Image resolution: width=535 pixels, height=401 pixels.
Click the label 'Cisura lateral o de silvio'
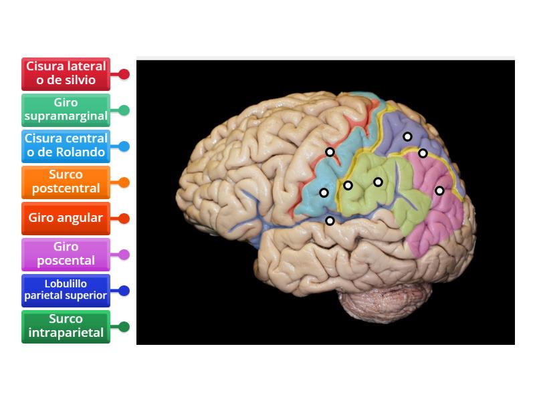pyautogui.click(x=66, y=74)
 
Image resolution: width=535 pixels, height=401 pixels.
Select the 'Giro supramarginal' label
pyautogui.click(x=66, y=110)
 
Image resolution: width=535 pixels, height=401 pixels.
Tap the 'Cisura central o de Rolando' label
pyautogui.click(x=66, y=146)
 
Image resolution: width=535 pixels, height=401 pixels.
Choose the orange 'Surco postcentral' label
pyautogui.click(x=66, y=182)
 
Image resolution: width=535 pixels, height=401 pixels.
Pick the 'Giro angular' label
pyautogui.click(x=66, y=218)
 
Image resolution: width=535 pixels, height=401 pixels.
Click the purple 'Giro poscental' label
pyautogui.click(x=66, y=254)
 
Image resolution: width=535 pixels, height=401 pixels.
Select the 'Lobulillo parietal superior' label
pyautogui.click(x=66, y=291)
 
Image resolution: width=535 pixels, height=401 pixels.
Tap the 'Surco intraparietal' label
pyautogui.click(x=66, y=327)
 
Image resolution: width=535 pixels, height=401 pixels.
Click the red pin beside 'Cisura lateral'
pyautogui.click(x=124, y=74)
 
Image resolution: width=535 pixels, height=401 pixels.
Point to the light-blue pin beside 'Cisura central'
pyautogui.click(x=124, y=146)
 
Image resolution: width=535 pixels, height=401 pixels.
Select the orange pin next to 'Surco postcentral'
pyautogui.click(x=124, y=182)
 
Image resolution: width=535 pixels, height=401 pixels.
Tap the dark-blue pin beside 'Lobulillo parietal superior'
pyautogui.click(x=124, y=291)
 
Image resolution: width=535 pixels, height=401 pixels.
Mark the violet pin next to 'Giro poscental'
pyautogui.click(x=124, y=255)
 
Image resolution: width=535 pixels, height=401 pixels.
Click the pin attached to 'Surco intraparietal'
pyautogui.click(x=124, y=327)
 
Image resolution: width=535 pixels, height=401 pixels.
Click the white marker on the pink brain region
pyautogui.click(x=439, y=190)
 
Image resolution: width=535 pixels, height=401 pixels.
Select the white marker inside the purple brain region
pyautogui.click(x=407, y=136)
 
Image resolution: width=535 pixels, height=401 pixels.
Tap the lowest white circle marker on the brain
pyautogui.click(x=330, y=221)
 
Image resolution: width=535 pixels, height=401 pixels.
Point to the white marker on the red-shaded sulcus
pyautogui.click(x=330, y=152)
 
